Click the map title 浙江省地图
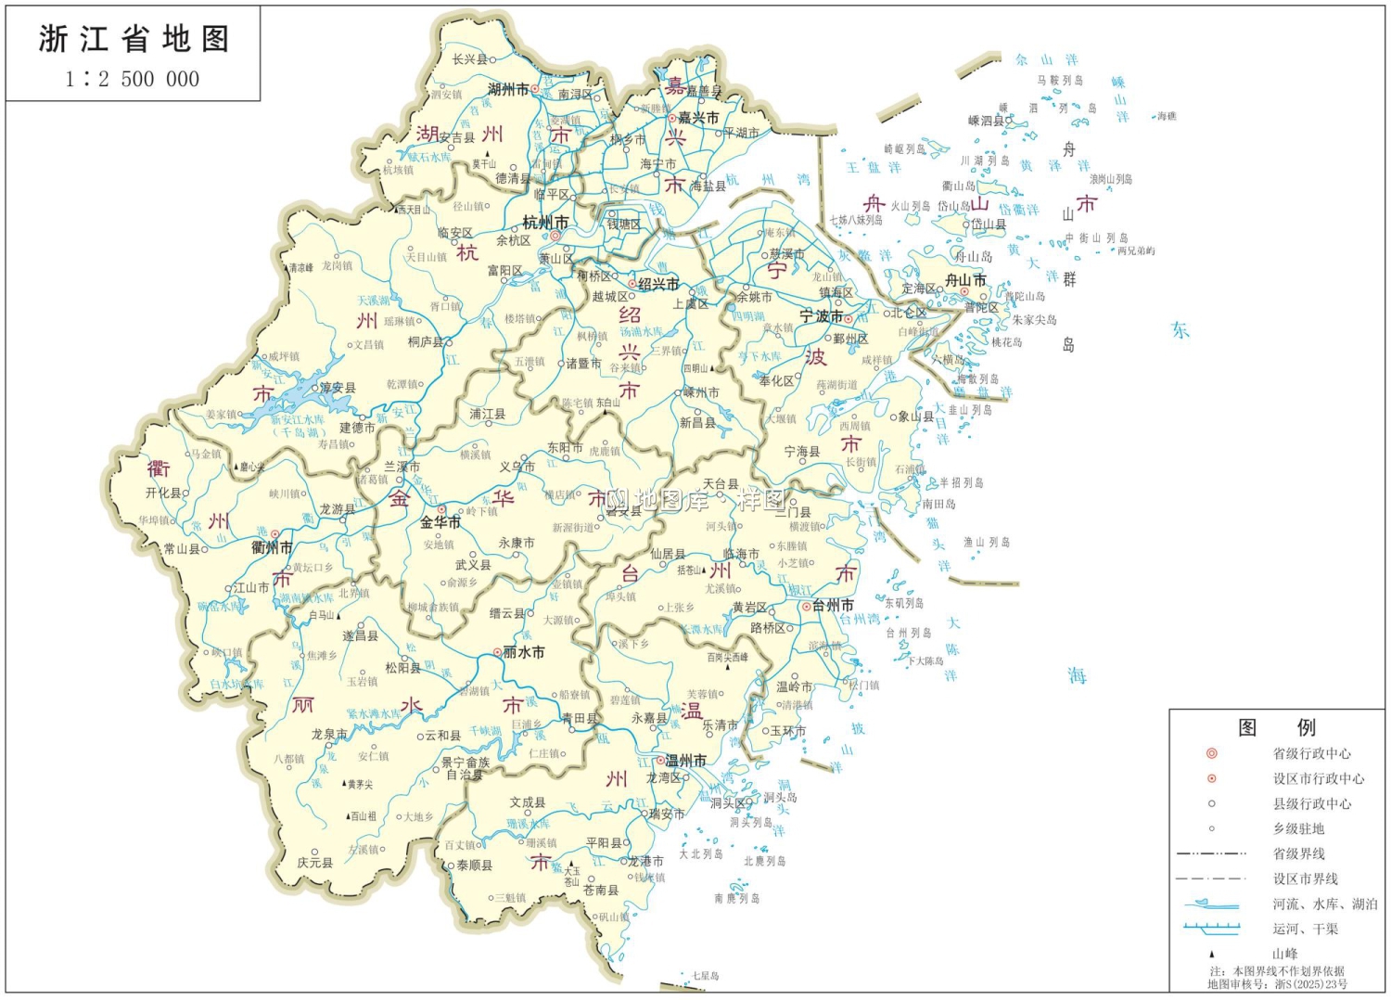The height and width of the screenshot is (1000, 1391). click(134, 39)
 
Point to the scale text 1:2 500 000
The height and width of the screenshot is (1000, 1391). click(133, 80)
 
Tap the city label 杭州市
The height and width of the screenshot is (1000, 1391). click(545, 223)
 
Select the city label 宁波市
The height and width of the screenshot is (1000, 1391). click(821, 316)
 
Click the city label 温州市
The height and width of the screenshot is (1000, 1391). click(685, 761)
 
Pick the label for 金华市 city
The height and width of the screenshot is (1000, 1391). click(440, 522)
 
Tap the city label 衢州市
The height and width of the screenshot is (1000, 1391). click(272, 547)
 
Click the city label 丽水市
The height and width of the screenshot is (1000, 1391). click(523, 652)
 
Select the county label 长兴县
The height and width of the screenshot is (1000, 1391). click(469, 59)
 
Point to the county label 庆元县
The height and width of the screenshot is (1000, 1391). click(314, 862)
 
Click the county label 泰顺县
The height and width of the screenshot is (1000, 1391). click(474, 865)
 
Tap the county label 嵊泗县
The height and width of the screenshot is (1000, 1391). click(986, 121)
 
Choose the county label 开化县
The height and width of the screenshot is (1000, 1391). click(164, 494)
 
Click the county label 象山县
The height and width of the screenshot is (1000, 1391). click(915, 417)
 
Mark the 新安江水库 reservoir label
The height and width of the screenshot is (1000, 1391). click(298, 419)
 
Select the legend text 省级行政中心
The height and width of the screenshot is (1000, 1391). click(1311, 753)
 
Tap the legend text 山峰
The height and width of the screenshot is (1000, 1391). click(1284, 954)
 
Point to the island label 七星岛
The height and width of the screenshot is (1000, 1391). click(705, 976)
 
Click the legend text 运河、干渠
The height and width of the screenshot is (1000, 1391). click(1305, 929)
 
